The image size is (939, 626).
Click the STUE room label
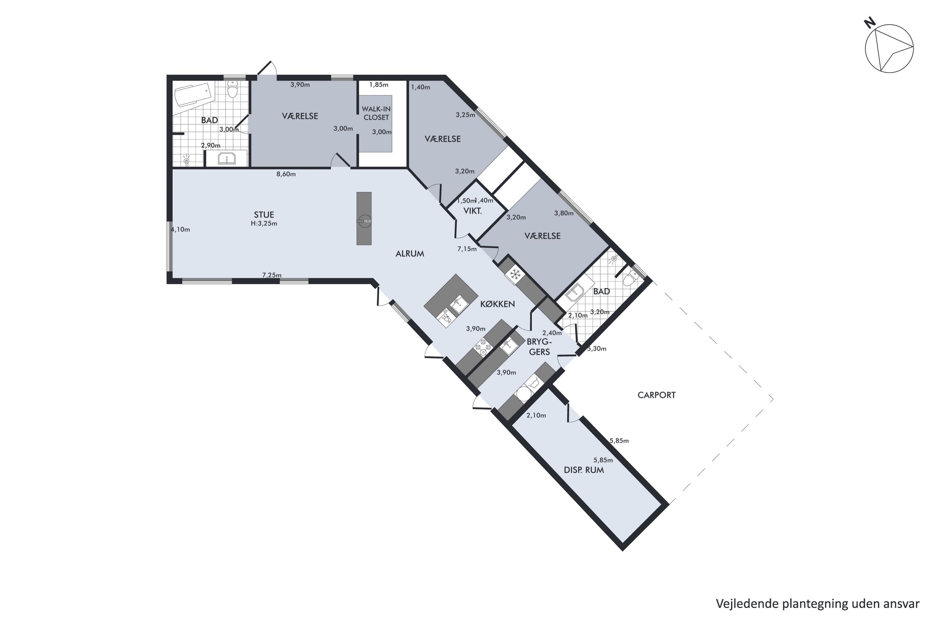click(x=264, y=215)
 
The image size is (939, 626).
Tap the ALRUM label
click(x=410, y=254)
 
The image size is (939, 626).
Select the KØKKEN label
click(x=497, y=304)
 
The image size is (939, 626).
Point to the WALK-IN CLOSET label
click(x=376, y=113)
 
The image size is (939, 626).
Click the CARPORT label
click(x=657, y=395)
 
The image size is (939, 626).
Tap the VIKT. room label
click(x=472, y=211)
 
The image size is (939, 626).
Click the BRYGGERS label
click(x=539, y=346)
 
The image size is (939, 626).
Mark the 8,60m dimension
click(x=286, y=174)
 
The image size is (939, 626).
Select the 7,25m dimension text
click(x=272, y=275)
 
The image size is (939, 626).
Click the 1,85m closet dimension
click(x=379, y=85)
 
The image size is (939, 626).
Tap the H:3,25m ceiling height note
click(x=264, y=224)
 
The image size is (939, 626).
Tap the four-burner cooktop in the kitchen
click(x=483, y=347)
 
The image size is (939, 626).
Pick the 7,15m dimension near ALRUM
click(x=467, y=249)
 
